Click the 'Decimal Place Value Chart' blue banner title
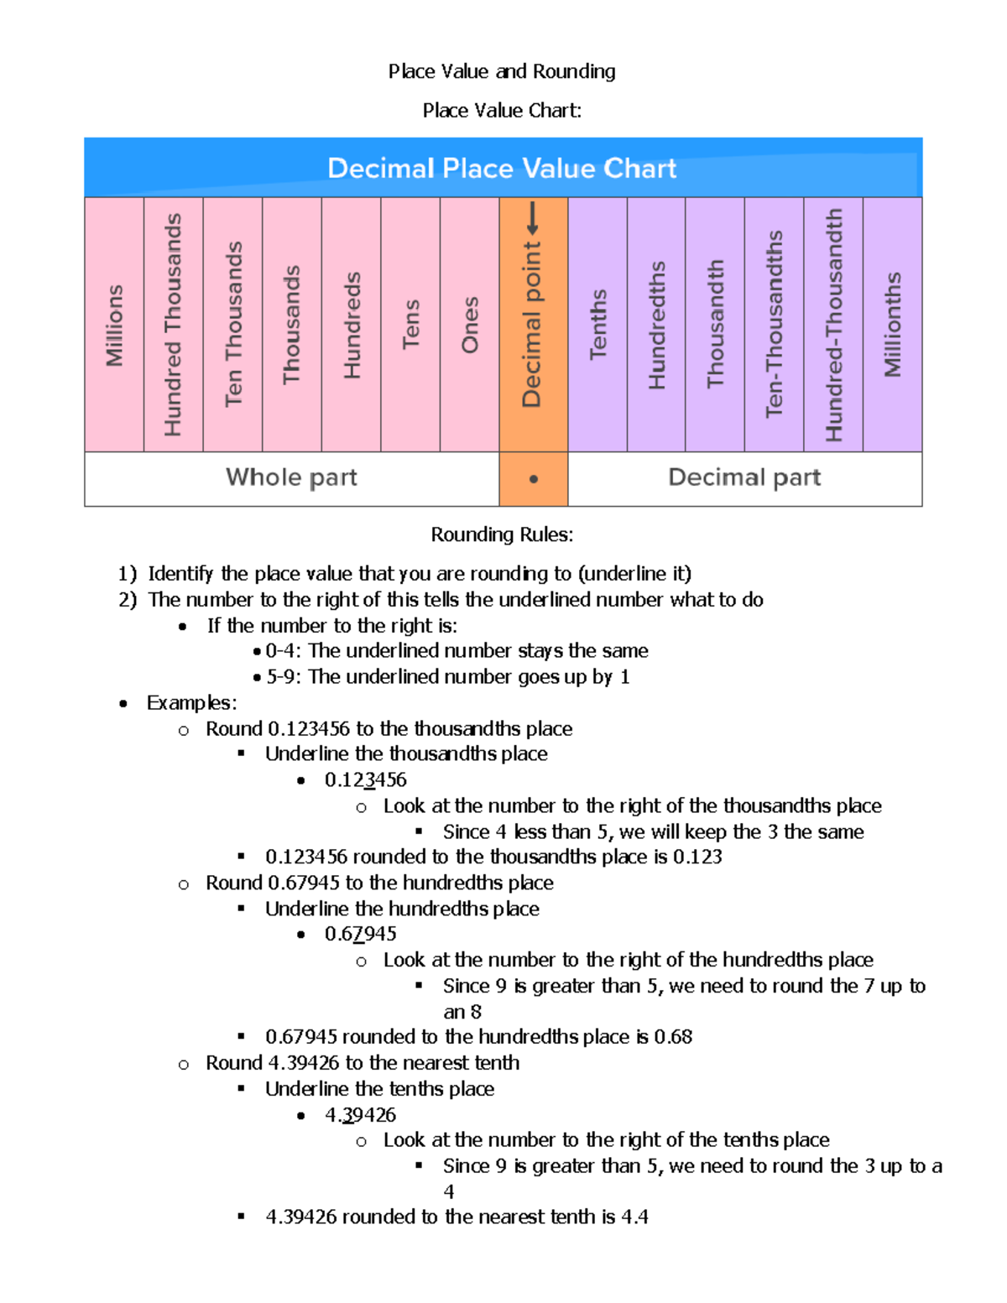pos(502,169)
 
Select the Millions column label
pos(114,325)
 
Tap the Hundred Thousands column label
pos(173,325)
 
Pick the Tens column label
pos(410,325)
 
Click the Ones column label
pos(470,325)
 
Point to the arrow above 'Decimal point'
pos(532,218)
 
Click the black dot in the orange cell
pos(533,478)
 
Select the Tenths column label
pos(598,325)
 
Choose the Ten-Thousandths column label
pos(775,324)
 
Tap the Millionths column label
pos(893,325)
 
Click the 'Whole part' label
pos(291,478)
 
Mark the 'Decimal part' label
pos(744,478)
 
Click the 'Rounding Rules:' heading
pos(502,534)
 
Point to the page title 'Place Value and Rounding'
pos(502,71)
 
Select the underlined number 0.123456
pos(365,779)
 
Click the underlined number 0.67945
pos(361,934)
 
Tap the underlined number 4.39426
pos(361,1115)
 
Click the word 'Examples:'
pos(192,703)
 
